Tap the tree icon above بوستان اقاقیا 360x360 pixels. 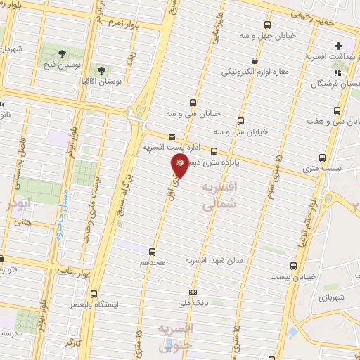pos(101,70)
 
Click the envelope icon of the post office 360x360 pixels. pos(172,137)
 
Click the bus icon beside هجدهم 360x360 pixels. pos(152,251)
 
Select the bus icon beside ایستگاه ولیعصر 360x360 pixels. pos(95,295)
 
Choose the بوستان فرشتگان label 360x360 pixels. pos(335,83)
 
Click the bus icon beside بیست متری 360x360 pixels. pos(323,157)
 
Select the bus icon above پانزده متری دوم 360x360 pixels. pos(214,151)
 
